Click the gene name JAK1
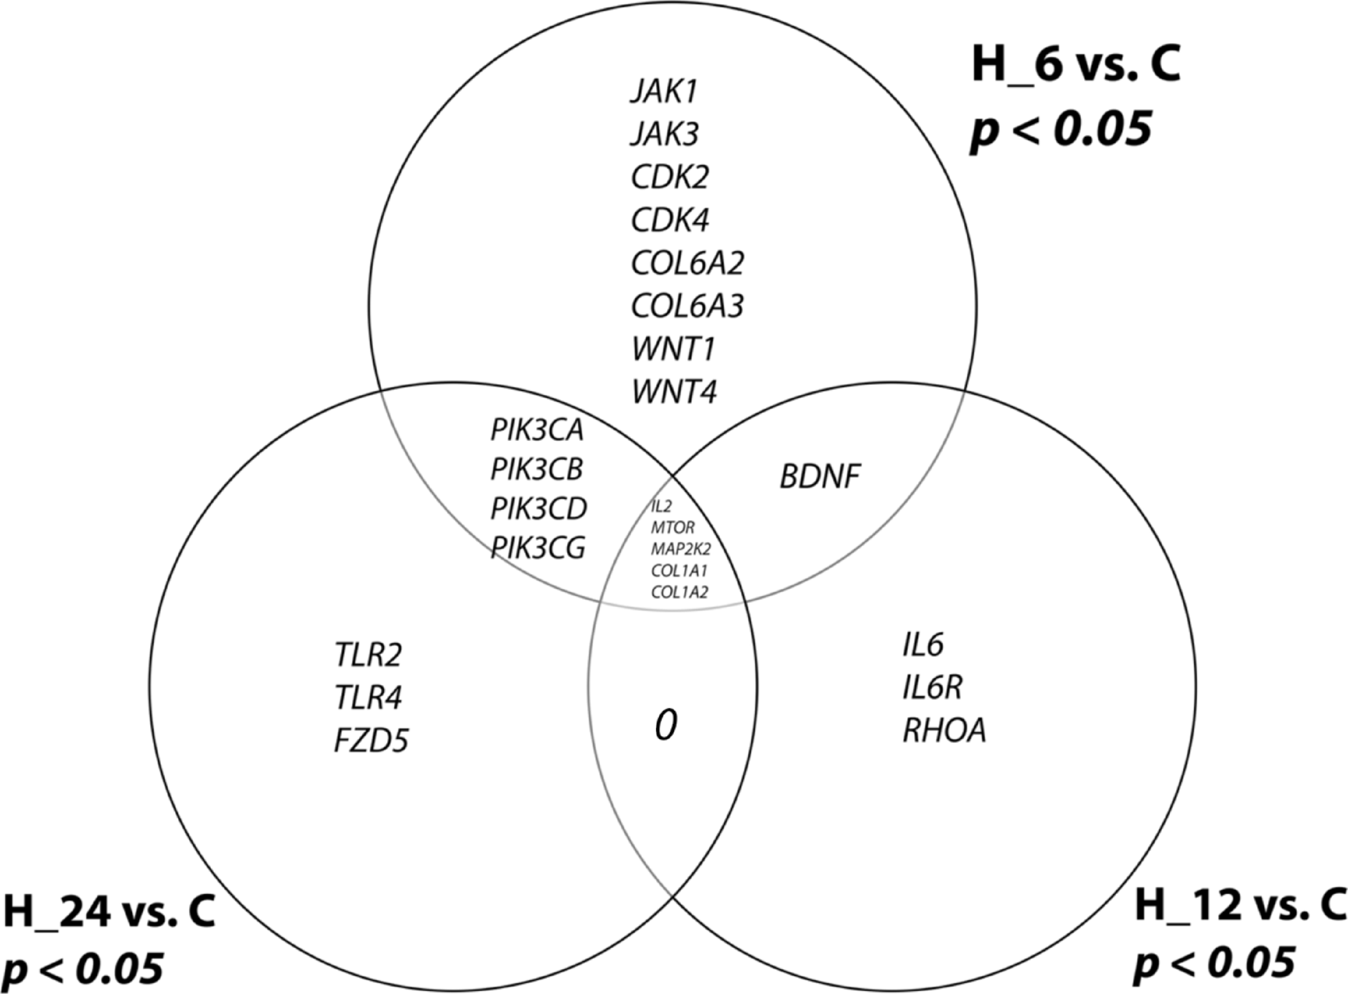click(x=664, y=91)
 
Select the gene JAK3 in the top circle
click(x=665, y=134)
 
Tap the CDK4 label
click(x=670, y=220)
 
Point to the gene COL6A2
click(x=687, y=263)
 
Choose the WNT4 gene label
click(x=674, y=392)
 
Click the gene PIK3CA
click(x=537, y=430)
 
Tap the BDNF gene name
click(x=820, y=476)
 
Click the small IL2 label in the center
click(x=661, y=507)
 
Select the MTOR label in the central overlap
click(x=673, y=528)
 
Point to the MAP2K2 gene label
click(x=680, y=549)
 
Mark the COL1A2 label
click(x=679, y=593)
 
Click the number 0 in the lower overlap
click(x=665, y=727)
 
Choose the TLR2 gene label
click(x=368, y=654)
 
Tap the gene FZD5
click(x=371, y=740)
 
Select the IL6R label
click(x=932, y=688)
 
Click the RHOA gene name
click(x=944, y=731)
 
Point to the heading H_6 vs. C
click(x=1075, y=65)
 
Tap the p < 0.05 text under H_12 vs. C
click(x=1214, y=962)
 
